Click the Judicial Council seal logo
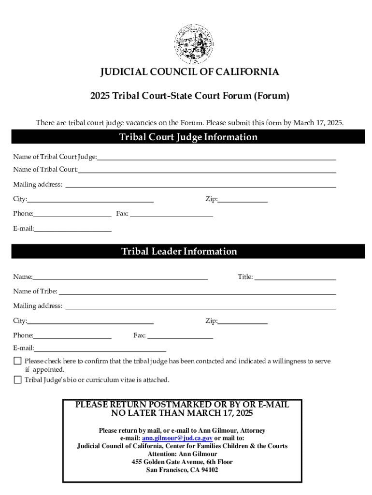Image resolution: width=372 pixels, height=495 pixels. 193,44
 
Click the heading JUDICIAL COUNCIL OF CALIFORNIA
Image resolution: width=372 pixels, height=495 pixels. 189,72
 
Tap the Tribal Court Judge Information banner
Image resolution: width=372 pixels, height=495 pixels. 188,137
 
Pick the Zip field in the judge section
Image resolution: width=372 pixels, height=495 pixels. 243,199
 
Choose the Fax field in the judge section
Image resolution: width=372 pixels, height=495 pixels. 172,214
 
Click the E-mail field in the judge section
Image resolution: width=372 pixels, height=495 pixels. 72,229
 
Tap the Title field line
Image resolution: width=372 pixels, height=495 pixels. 295,277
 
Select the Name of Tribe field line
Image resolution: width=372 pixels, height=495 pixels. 197,291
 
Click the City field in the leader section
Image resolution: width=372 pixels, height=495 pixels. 90,321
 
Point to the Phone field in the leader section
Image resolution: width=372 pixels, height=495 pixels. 72,335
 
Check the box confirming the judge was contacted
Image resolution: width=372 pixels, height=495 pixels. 18,361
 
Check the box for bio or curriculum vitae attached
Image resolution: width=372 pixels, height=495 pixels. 18,379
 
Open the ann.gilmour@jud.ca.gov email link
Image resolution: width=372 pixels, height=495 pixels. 177,438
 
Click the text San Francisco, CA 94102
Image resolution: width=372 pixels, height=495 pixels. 182,469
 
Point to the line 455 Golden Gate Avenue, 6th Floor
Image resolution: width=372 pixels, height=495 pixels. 182,462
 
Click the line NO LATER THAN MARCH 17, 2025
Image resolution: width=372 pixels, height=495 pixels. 182,413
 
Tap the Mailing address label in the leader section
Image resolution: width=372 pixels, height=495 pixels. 38,306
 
